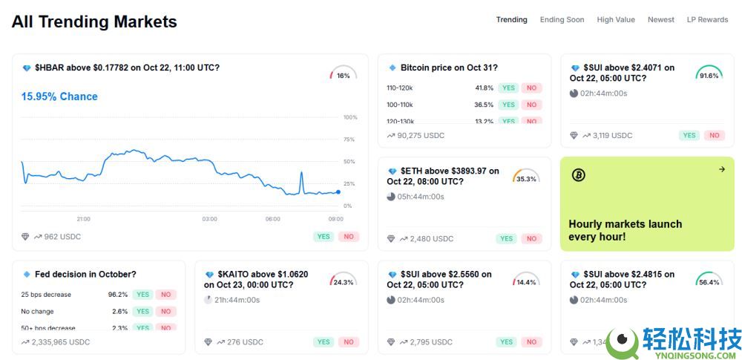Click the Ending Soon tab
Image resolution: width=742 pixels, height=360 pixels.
pos(562,20)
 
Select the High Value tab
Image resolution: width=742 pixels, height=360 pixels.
pos(616,20)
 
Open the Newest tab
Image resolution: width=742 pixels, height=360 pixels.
pos(660,20)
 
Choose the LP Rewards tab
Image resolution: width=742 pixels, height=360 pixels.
pos(707,20)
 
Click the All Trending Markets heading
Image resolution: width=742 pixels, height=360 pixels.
pos(94,22)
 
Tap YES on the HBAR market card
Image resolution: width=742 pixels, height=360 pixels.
pos(324,237)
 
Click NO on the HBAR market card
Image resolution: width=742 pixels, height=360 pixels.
pos(348,237)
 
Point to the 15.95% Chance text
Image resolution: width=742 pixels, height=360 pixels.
pos(59,96)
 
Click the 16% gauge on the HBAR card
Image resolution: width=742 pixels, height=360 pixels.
pos(343,75)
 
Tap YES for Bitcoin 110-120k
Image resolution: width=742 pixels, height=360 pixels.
pos(508,88)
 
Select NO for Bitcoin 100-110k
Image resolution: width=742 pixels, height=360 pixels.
pos(531,105)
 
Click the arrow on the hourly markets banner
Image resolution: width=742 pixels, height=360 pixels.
pos(721,169)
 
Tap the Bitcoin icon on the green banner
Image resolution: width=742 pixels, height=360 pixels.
pos(579,175)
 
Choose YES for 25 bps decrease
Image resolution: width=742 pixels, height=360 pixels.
pos(142,295)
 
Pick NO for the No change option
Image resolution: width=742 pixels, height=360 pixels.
pos(165,312)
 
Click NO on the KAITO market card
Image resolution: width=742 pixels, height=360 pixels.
pos(348,342)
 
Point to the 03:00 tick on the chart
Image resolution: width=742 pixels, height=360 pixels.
pos(210,219)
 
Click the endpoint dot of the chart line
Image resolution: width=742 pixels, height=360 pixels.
pos(338,192)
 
